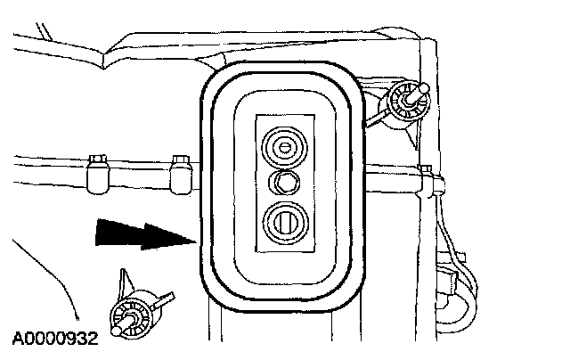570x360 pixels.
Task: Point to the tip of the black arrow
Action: tap(192, 239)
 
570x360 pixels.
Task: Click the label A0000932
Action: tap(55, 338)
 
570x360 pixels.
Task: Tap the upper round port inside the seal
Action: tap(284, 147)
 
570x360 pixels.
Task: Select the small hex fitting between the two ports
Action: tap(284, 183)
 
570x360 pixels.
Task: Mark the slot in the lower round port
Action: tap(284, 219)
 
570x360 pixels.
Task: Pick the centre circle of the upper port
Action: tap(284, 147)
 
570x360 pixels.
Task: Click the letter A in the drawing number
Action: tap(18, 338)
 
